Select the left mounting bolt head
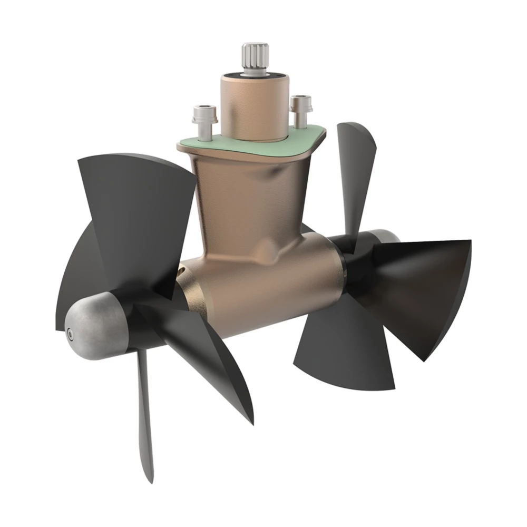(202, 112)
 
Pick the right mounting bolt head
(300, 101)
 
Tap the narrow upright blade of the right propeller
(356, 169)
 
